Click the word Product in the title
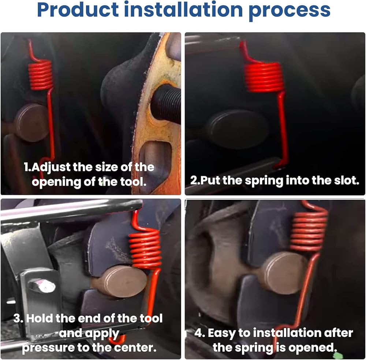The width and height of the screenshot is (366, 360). point(78,10)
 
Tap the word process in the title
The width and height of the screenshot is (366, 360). point(290,11)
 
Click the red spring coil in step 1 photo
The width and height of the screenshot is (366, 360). point(41,74)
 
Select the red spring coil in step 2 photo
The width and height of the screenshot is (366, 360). point(264,77)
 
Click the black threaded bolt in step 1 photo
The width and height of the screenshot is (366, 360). point(166,104)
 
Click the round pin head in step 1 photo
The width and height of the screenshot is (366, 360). point(31,123)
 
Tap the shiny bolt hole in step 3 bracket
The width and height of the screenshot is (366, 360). point(42,286)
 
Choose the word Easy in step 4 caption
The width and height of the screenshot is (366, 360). point(221,333)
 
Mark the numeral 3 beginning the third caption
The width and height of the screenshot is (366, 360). point(17,318)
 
